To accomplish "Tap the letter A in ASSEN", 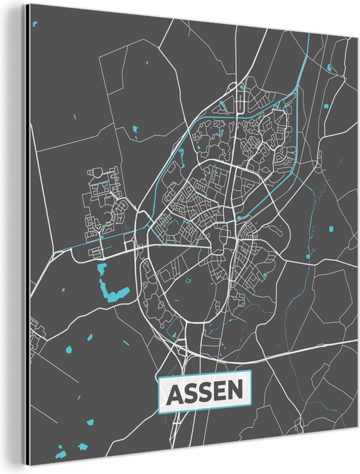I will coord(176,393).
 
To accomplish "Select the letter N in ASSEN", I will coord(239,393).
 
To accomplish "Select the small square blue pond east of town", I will coord(332,229).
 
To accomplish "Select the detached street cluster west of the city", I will coord(105,203).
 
